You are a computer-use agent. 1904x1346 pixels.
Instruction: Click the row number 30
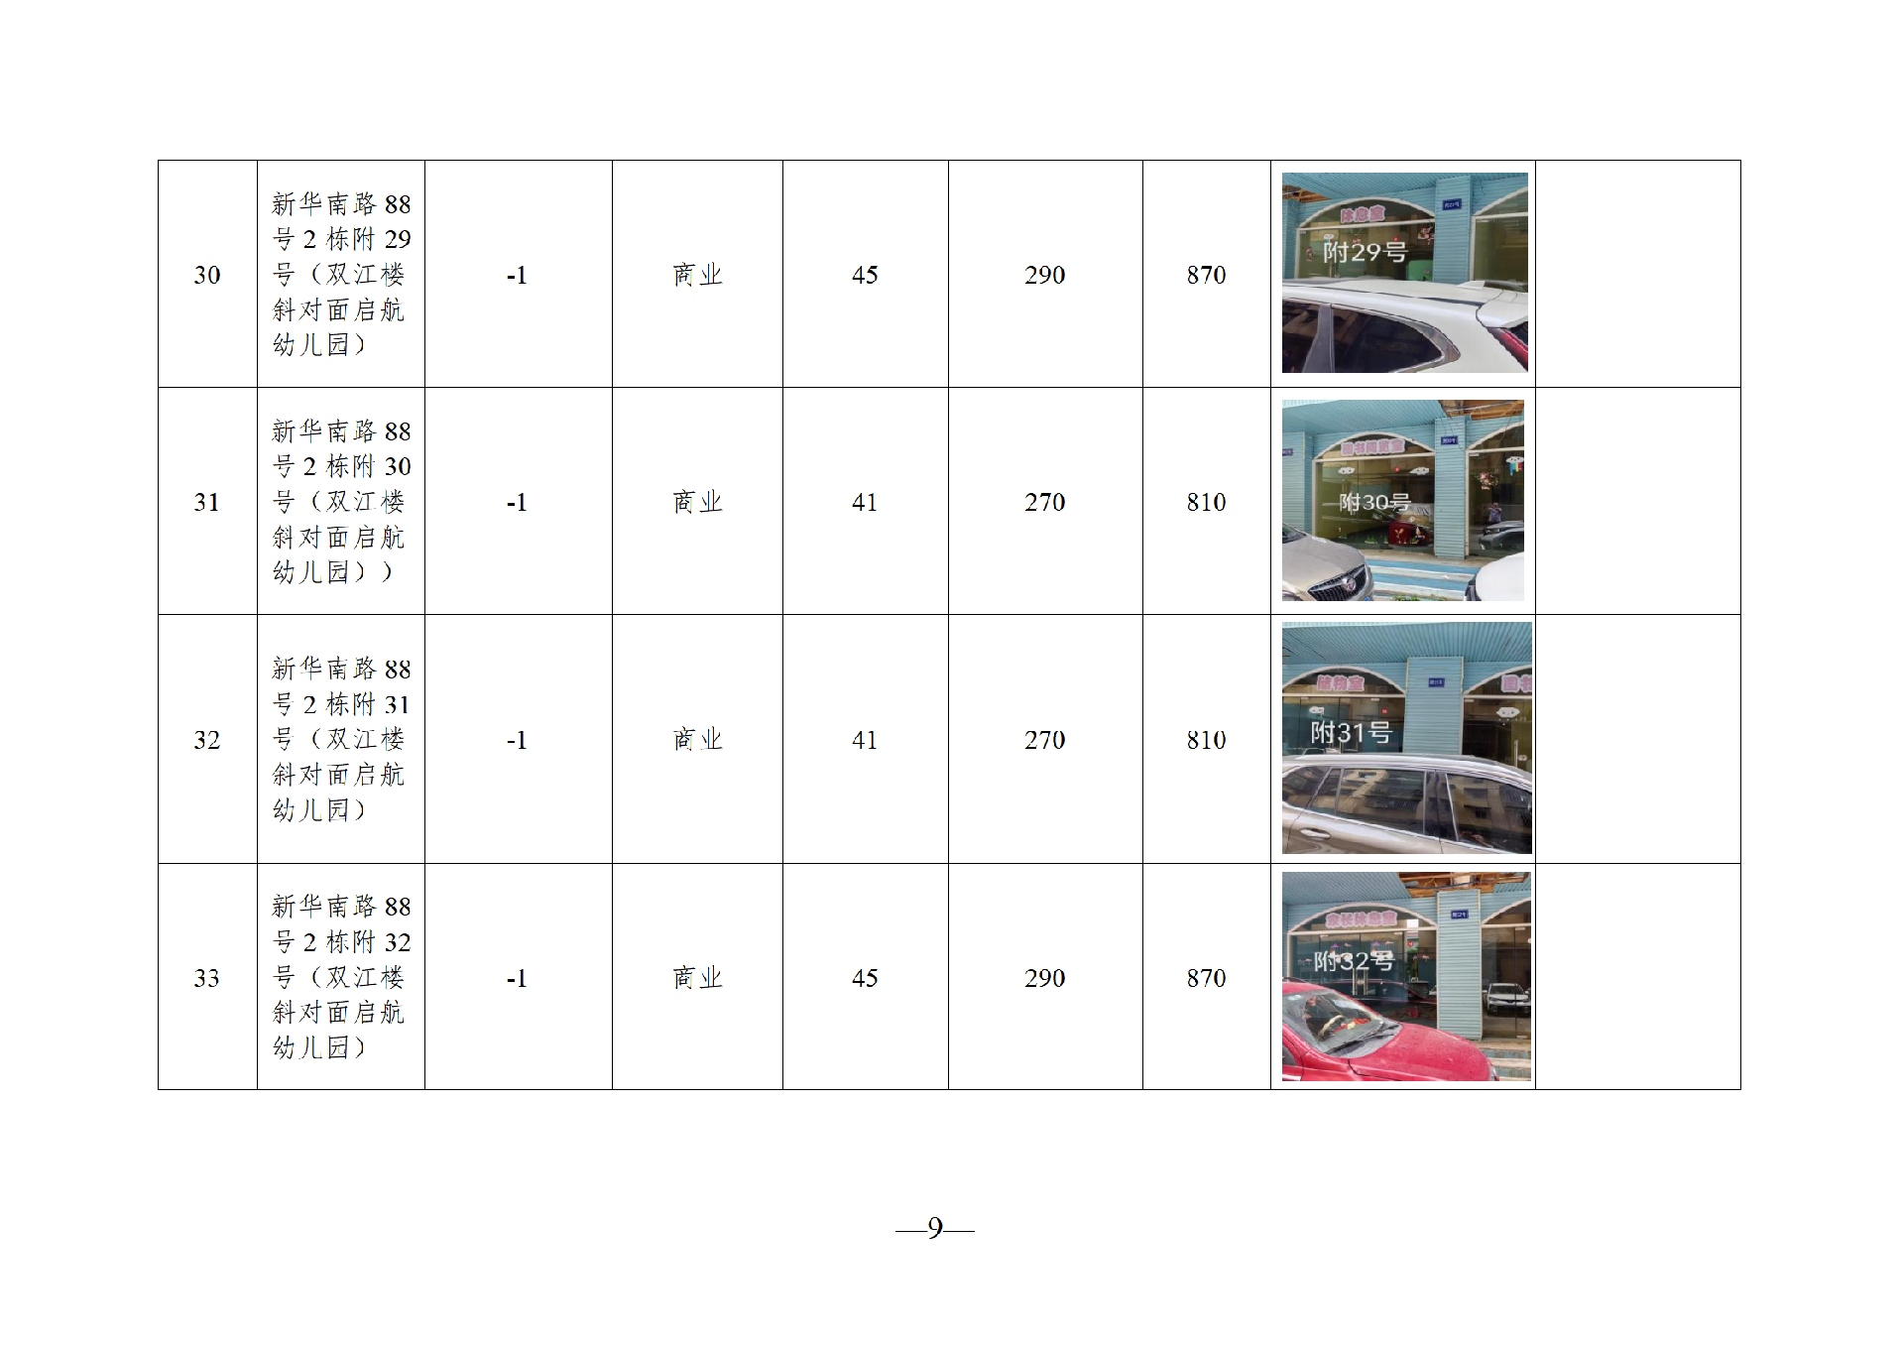coord(207,275)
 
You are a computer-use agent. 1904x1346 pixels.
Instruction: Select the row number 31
coord(207,502)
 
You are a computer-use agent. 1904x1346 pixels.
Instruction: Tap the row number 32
coord(207,740)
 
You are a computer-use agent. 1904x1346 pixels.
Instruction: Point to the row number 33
coord(207,978)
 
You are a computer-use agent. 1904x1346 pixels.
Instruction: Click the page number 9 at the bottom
coord(934,1228)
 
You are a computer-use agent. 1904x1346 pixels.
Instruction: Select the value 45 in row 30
coord(865,275)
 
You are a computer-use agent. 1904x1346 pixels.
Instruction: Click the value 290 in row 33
coord(1044,978)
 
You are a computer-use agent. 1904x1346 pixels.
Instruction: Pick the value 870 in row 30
coord(1206,275)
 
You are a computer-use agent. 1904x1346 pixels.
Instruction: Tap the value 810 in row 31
coord(1206,502)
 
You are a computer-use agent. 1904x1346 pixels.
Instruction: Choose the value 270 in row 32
coord(1044,740)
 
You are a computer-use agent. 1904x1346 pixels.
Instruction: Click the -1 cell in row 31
coord(517,502)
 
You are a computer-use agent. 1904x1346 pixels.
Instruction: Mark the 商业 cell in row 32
coord(697,740)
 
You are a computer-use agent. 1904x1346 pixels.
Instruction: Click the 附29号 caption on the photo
coord(1365,252)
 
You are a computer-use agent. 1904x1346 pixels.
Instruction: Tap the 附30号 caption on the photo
coord(1374,502)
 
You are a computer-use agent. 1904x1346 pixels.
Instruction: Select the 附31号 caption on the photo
coord(1351,733)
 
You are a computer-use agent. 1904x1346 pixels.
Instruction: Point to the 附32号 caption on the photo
coord(1354,960)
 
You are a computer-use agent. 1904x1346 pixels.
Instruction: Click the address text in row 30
coord(340,275)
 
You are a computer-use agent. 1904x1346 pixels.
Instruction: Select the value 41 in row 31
coord(865,502)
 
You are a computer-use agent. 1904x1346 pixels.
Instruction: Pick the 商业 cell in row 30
coord(697,275)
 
